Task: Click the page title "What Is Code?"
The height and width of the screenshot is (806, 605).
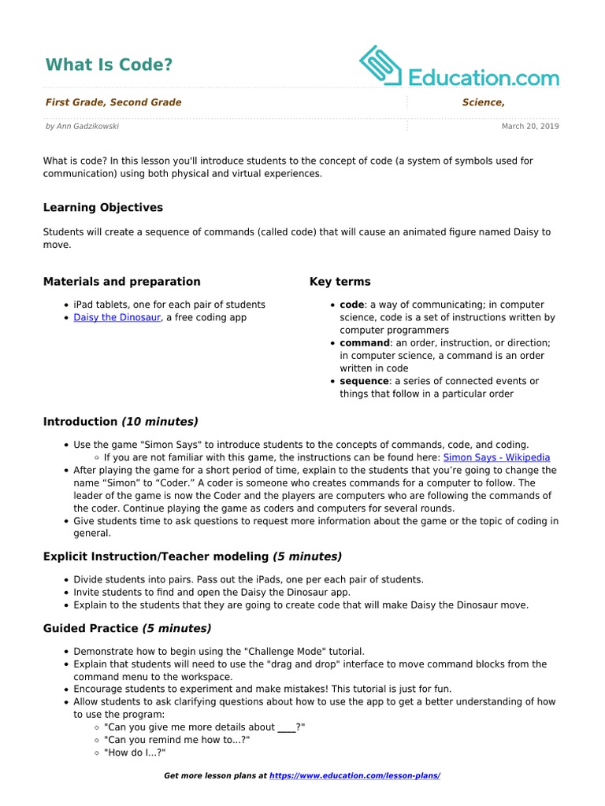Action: [109, 65]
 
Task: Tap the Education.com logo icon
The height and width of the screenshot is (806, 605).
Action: [381, 65]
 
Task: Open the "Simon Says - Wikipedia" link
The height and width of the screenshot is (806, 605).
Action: [496, 457]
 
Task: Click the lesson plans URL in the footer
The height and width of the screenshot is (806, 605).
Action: [354, 776]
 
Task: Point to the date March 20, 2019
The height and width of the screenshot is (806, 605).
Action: [530, 126]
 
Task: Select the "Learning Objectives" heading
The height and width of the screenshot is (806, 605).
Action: [103, 208]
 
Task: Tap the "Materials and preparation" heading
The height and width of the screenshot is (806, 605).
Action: [121, 282]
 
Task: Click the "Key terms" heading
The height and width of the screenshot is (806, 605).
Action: [340, 282]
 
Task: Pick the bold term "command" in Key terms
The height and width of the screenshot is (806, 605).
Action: [365, 343]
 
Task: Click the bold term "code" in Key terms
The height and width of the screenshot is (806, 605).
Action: [352, 305]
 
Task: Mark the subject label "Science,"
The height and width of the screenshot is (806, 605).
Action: [483, 102]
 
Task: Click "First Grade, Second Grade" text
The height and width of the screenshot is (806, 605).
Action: [113, 102]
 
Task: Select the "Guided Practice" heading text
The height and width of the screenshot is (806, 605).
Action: [91, 628]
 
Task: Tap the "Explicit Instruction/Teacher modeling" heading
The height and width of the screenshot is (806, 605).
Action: [156, 556]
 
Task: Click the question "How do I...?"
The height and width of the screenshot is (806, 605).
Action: [135, 753]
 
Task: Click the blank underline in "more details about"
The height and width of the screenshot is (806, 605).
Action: [287, 728]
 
